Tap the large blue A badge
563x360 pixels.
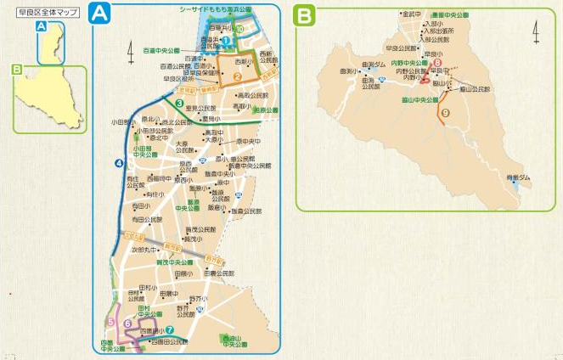(x=101, y=14)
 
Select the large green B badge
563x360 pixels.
(x=304, y=14)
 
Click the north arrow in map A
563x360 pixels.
(x=131, y=52)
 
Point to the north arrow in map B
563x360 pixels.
(x=536, y=32)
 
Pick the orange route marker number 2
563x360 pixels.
(x=239, y=78)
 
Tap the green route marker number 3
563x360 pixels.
(x=180, y=104)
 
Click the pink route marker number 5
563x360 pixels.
(x=111, y=321)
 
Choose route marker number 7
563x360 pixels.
(x=170, y=330)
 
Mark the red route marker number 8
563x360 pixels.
(x=436, y=63)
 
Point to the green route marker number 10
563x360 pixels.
(x=241, y=29)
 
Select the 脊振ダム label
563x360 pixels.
(x=518, y=177)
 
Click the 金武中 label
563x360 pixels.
(x=413, y=14)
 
